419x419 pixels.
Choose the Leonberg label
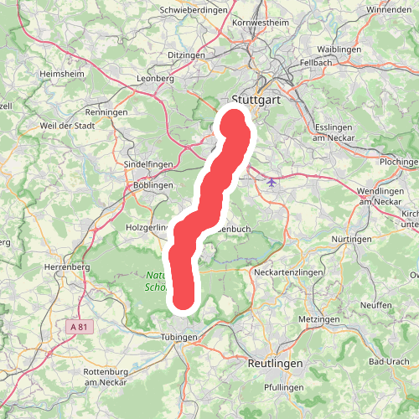tap(154, 79)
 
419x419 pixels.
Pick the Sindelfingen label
tap(147, 165)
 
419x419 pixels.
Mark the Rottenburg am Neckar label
tap(105, 376)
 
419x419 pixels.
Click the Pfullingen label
tap(283, 388)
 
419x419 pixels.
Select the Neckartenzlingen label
tap(287, 272)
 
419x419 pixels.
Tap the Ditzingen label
tap(186, 54)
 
